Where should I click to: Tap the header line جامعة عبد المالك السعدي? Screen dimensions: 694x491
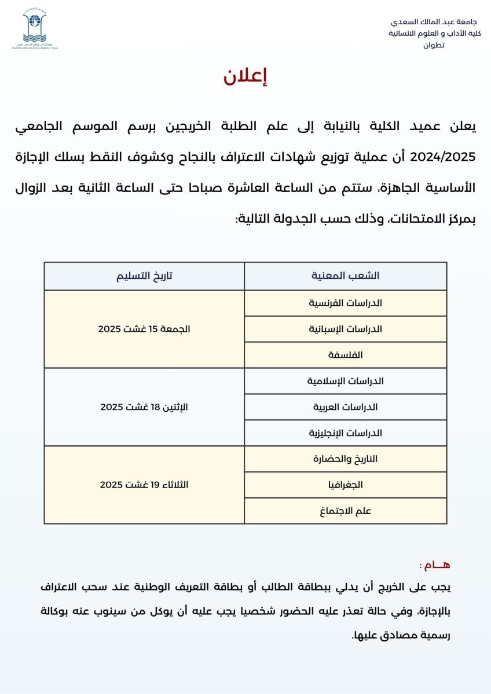pos(435,22)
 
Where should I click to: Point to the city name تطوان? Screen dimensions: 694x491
pos(435,45)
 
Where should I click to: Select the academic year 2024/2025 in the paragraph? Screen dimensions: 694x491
pos(442,156)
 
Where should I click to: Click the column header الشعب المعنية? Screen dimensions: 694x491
pos(345,276)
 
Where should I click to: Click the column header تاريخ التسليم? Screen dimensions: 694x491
pos(144,276)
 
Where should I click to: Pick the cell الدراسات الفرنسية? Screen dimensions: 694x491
pos(345,303)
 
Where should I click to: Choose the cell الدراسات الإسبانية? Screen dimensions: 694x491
pos(345,329)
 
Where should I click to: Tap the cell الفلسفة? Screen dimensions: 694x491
pos(345,355)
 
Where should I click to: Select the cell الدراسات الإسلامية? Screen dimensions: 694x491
pos(345,381)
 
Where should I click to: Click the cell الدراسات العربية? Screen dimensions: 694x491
pos(345,407)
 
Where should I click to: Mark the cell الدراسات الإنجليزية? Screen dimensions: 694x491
pos(345,433)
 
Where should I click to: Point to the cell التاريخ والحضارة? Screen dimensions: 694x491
pos(345,459)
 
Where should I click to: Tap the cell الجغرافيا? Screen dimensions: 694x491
pos(345,485)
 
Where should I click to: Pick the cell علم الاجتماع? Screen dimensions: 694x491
pos(345,511)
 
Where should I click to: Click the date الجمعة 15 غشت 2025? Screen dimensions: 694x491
pos(144,329)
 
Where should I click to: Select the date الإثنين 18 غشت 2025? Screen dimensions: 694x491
pos(144,407)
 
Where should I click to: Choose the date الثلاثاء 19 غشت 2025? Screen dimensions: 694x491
pos(144,485)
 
